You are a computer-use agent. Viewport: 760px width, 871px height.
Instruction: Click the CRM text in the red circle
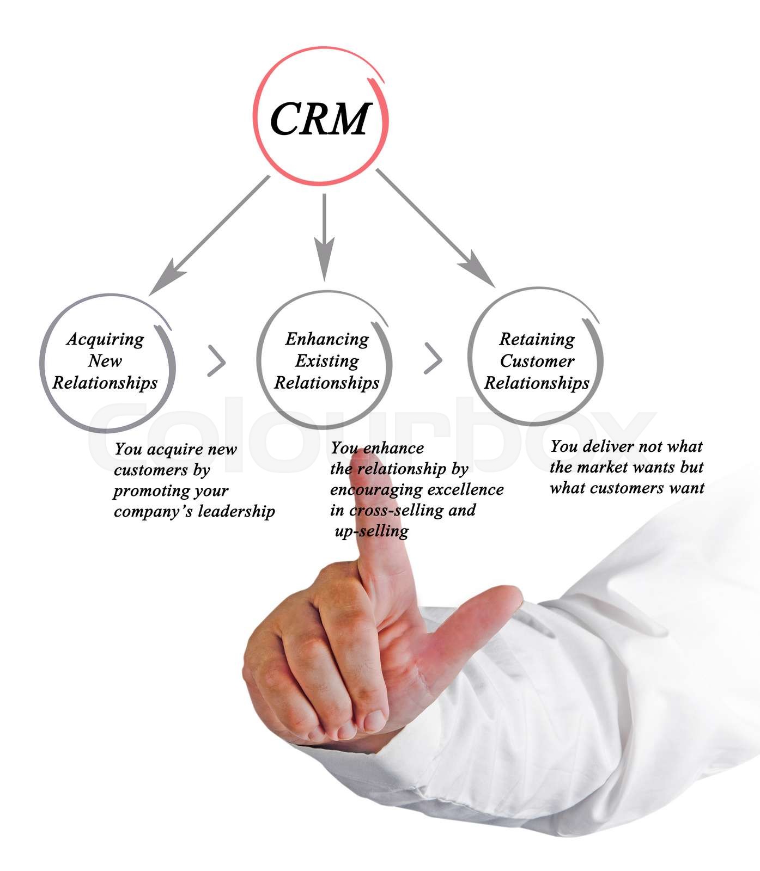320,119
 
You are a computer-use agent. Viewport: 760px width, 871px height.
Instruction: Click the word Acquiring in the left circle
105,339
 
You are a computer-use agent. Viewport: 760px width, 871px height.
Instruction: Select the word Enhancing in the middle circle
327,339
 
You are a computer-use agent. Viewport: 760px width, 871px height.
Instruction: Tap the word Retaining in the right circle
537,339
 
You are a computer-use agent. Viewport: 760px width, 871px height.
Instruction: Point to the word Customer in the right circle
537,361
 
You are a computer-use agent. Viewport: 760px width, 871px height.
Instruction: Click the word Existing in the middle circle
327,361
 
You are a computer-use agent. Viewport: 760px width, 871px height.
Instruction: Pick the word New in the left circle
105,361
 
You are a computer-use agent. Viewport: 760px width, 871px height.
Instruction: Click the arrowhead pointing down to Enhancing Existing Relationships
325,261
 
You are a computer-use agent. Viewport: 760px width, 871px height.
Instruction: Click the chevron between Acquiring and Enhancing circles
217,360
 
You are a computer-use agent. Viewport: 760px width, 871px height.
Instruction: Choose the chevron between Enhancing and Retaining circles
434,359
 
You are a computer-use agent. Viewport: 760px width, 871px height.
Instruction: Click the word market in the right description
605,467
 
